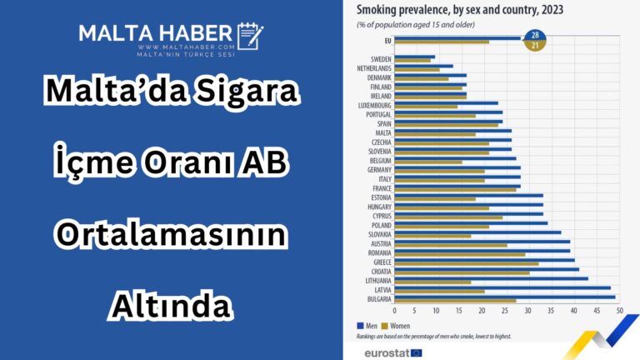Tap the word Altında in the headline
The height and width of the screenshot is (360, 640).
tap(170, 304)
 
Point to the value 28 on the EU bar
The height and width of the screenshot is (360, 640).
tap(534, 35)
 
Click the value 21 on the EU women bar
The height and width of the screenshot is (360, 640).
tap(534, 45)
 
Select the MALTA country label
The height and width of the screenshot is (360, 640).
tap(383, 132)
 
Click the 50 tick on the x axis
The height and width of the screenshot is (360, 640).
tap(619, 310)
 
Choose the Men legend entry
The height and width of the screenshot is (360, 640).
tap(368, 325)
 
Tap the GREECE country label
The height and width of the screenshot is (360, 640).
tap(382, 262)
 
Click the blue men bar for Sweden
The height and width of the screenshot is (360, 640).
tap(414, 57)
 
